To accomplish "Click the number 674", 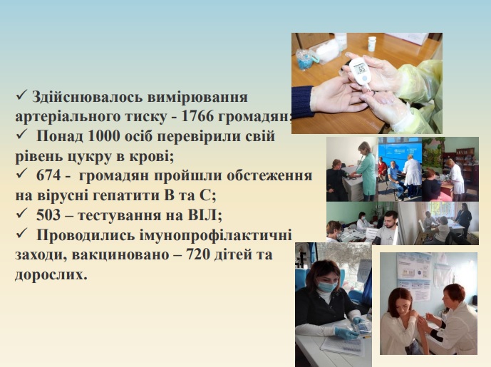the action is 48,175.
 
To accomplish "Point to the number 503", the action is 48,214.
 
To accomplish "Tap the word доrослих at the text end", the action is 51,274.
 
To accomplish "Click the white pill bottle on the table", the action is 372,44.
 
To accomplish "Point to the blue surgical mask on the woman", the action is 327,286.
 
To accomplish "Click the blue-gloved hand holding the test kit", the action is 346,334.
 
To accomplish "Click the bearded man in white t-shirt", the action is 387,227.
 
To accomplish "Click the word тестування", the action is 130,215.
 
